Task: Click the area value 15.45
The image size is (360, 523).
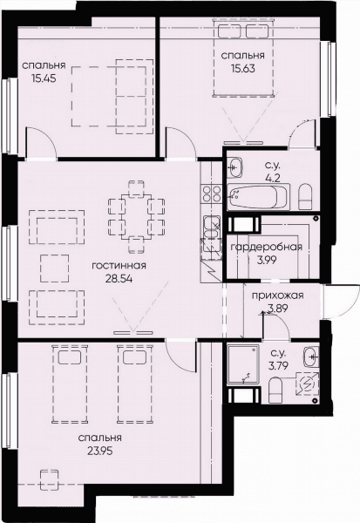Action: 44,78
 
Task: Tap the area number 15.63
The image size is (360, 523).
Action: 243,68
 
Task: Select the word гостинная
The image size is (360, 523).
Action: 119,266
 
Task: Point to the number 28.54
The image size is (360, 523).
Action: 119,279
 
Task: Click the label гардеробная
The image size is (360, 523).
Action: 267,248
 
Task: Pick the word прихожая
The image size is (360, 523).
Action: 277,295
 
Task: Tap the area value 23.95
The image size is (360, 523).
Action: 100,452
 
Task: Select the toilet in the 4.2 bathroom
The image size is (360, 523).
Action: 305,197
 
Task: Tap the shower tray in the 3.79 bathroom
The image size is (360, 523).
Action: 243,364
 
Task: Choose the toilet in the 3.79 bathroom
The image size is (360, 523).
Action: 276,390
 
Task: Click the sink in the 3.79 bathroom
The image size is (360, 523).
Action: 311,357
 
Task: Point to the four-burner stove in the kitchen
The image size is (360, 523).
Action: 212,194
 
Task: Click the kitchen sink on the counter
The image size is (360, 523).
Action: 212,227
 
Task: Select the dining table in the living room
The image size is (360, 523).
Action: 137,217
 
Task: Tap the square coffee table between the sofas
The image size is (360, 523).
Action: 55,268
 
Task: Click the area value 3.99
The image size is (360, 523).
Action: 267,260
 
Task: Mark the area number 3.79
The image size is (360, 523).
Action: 278,365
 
